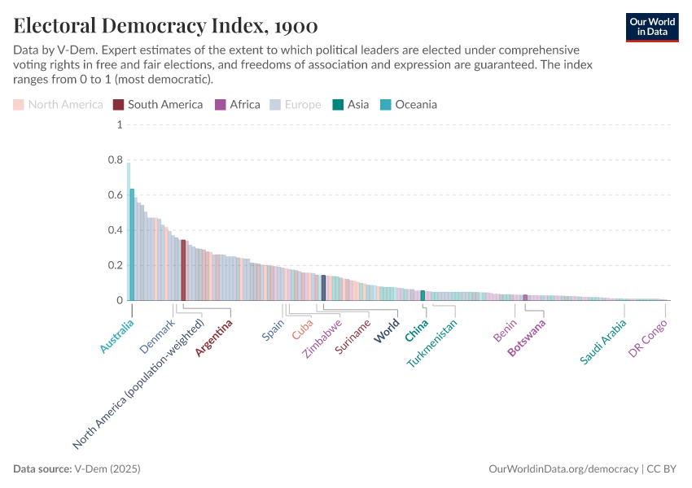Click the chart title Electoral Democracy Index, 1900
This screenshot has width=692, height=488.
point(165,26)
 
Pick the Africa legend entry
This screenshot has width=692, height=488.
point(238,104)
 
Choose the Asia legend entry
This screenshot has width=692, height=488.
point(351,104)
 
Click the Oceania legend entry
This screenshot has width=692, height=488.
point(410,104)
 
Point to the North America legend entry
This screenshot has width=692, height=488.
point(58,104)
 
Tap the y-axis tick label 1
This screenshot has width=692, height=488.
point(119,125)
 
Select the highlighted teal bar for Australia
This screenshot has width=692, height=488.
point(132,244)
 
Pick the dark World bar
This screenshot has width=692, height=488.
point(323,288)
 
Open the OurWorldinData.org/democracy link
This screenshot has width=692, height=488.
point(563,469)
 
